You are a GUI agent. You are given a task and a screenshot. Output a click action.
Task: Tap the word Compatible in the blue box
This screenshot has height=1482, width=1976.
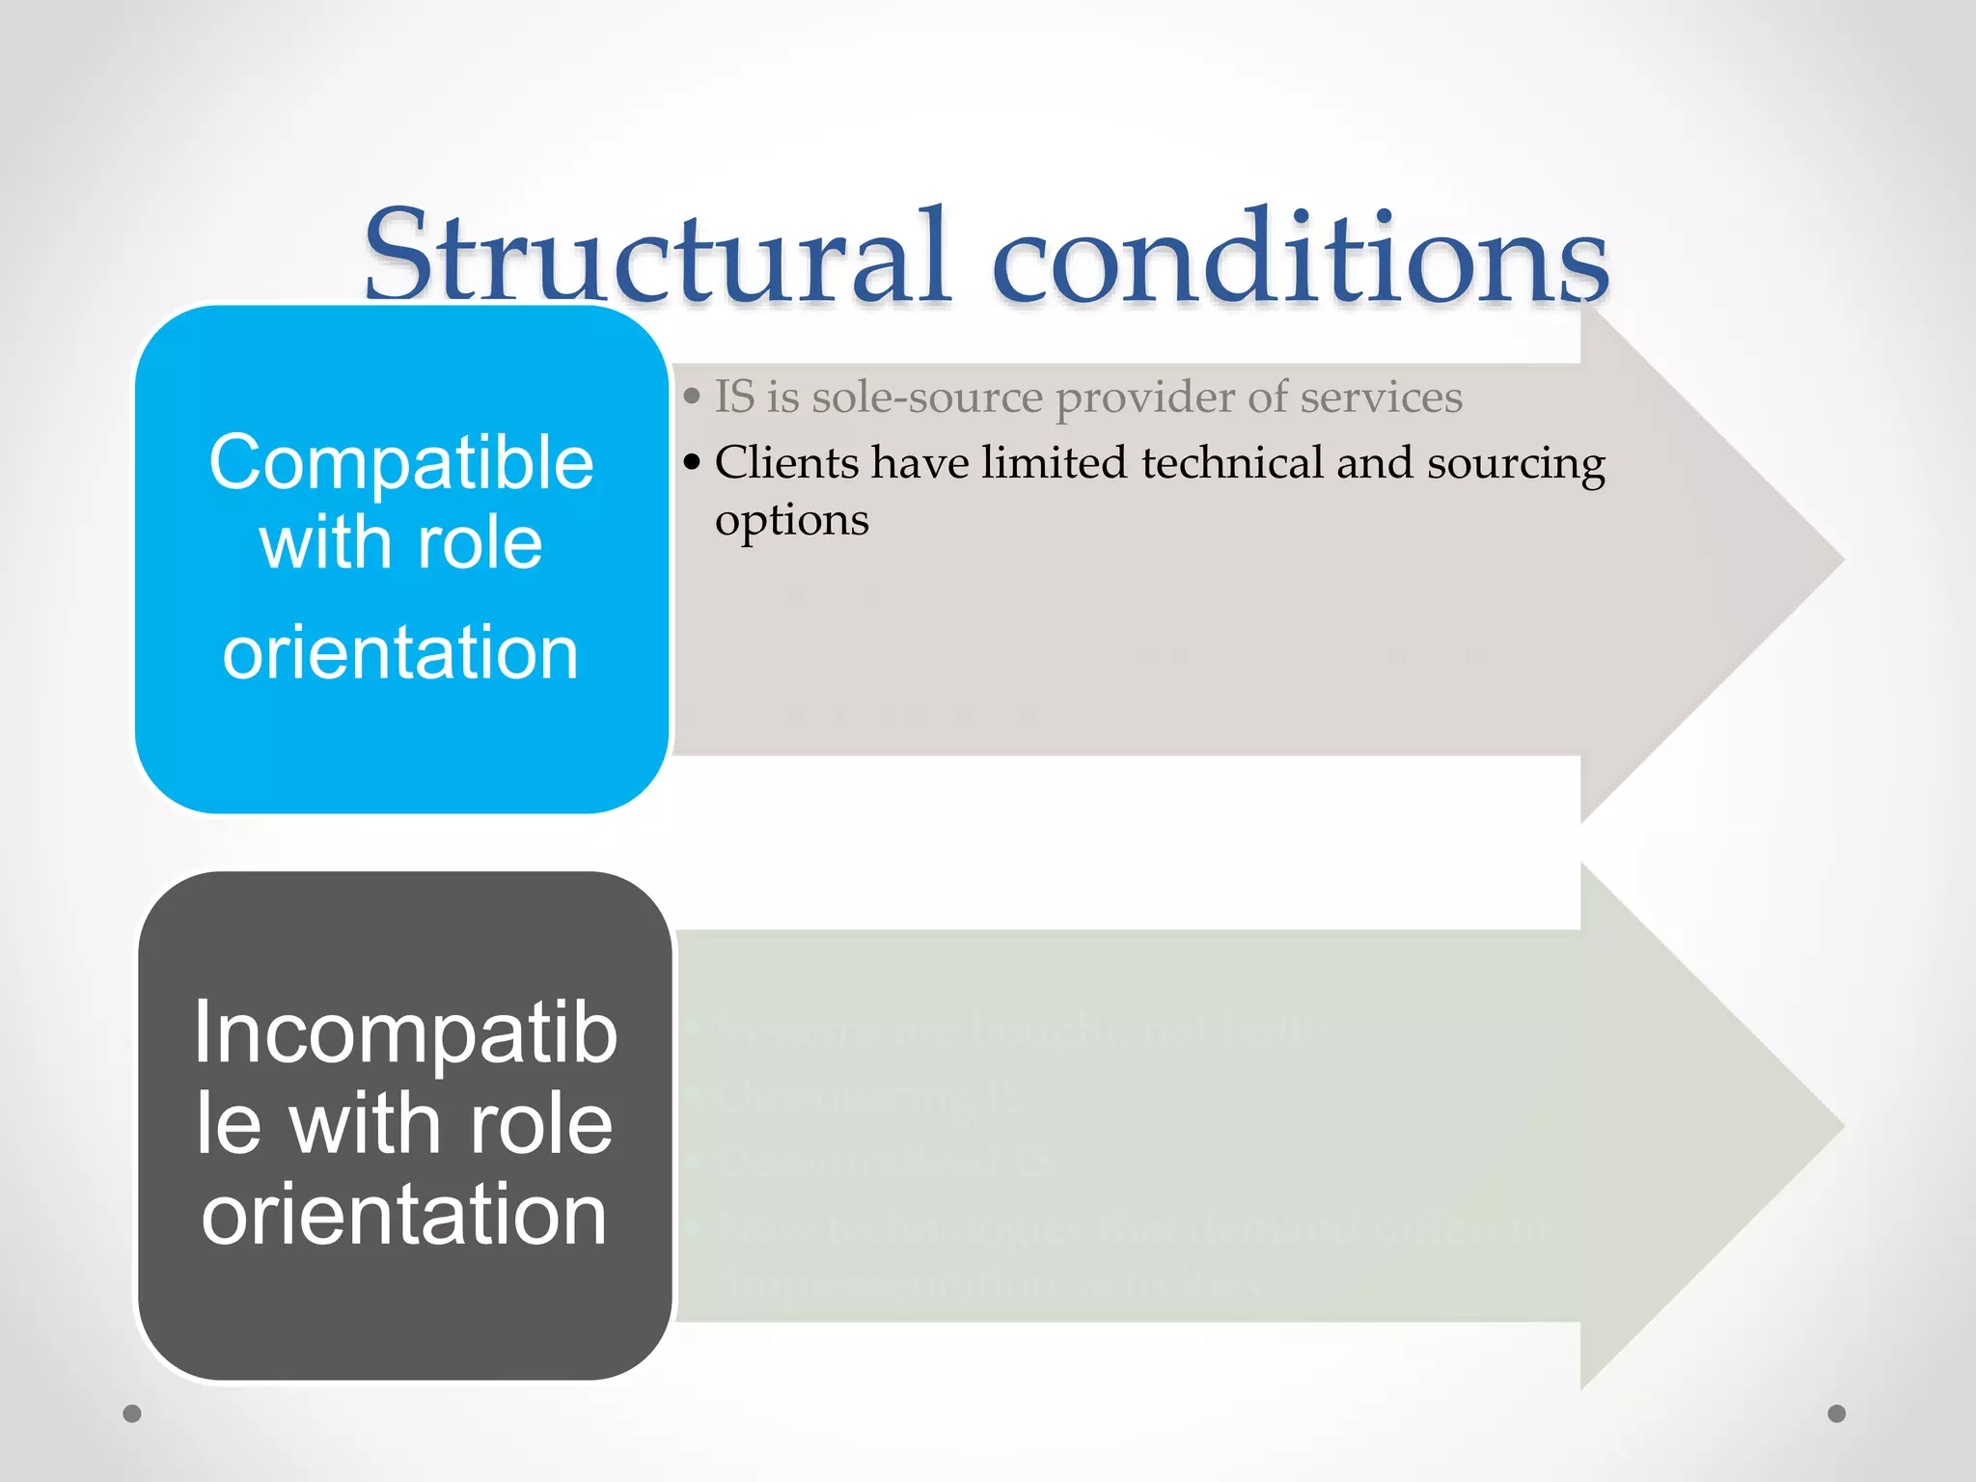(401, 463)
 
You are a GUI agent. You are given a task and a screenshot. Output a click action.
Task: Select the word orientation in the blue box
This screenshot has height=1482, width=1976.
(401, 653)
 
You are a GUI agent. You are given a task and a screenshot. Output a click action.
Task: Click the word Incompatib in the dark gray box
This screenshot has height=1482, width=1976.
(405, 1034)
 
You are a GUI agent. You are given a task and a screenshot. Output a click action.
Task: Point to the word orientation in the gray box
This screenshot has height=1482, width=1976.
(404, 1215)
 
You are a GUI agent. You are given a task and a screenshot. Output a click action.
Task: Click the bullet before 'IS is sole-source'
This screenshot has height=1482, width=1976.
(691, 397)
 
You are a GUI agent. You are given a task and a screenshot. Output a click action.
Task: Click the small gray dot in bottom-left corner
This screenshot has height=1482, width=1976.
(132, 1413)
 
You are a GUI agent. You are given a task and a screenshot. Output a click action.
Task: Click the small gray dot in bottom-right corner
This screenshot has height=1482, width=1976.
(1837, 1413)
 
